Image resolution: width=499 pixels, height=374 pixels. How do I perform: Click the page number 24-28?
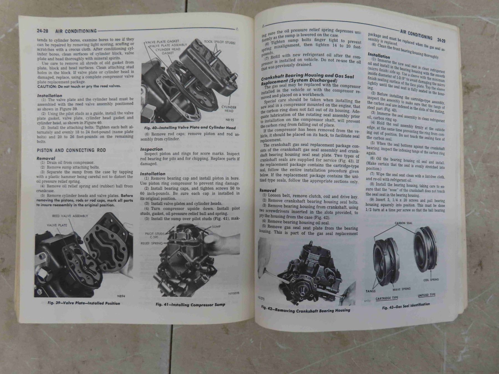[42, 31]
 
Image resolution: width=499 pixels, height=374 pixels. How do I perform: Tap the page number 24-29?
[441, 40]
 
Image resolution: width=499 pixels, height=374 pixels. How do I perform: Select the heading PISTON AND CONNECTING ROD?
[71, 150]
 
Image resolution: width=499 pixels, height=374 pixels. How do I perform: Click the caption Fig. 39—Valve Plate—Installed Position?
[84, 303]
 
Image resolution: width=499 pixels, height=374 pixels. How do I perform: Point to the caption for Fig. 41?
[190, 304]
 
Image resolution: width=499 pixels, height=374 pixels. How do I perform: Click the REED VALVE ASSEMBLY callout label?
[70, 216]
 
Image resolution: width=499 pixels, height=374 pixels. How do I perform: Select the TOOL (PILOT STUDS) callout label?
[220, 42]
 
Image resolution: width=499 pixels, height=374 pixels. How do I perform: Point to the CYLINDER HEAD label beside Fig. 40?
[229, 109]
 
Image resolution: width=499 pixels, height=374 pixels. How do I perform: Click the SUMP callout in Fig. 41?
[216, 227]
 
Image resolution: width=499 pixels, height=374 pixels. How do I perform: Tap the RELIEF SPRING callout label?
[152, 243]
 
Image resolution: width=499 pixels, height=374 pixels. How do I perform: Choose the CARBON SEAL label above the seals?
[403, 223]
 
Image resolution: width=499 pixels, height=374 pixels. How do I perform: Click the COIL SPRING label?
[431, 280]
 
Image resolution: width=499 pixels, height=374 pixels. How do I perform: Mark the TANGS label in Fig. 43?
[371, 291]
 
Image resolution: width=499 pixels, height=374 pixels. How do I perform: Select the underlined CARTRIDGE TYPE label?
[387, 298]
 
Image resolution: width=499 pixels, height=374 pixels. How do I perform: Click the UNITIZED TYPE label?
[427, 295]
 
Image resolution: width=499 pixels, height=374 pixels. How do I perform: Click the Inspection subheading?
[151, 149]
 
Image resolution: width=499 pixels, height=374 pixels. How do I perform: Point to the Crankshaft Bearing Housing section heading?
[307, 78]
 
